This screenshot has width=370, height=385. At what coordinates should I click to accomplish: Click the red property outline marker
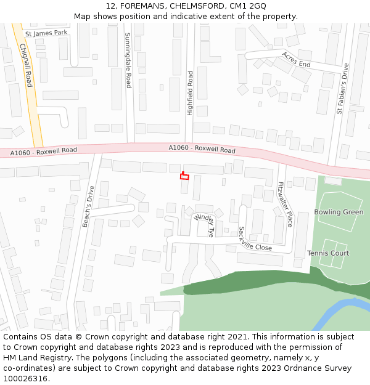(184, 176)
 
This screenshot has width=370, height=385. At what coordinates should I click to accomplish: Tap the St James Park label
(46, 33)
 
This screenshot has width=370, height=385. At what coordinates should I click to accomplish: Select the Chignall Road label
(25, 65)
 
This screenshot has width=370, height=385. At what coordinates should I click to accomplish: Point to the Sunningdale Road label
(128, 60)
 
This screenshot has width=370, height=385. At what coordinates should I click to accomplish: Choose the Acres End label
(296, 59)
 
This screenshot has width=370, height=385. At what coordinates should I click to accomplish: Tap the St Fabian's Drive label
(342, 89)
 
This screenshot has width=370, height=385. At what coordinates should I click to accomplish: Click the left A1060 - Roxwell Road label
(44, 150)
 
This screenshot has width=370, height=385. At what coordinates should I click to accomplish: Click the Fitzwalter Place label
(285, 204)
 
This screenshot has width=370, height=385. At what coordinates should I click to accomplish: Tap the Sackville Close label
(255, 238)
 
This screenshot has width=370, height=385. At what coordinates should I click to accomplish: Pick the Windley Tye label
(203, 225)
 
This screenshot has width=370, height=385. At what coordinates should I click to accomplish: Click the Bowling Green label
(339, 212)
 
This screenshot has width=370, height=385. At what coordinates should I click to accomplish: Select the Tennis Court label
(328, 253)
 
